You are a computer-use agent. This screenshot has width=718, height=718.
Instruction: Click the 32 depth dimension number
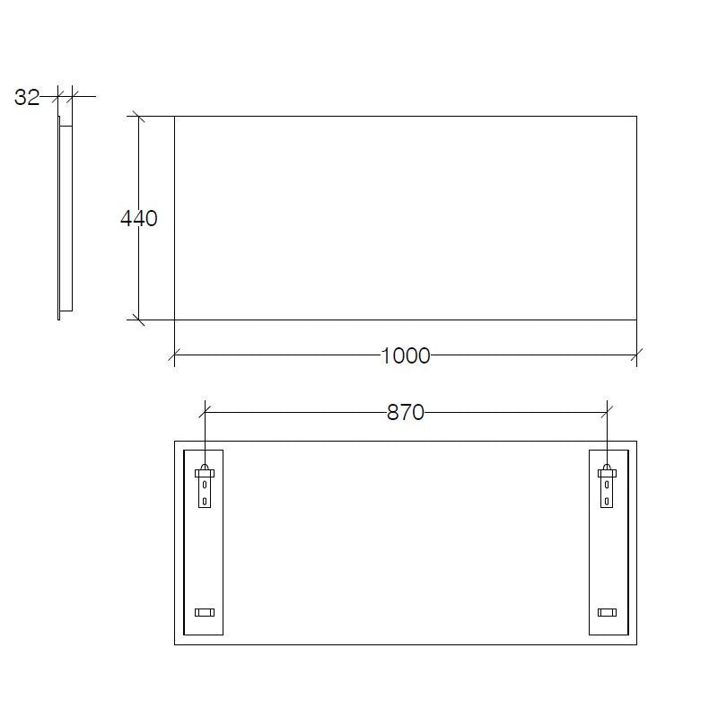(27, 98)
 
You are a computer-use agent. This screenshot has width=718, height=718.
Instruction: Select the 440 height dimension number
(139, 218)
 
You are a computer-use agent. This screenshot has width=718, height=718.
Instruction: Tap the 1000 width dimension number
(406, 356)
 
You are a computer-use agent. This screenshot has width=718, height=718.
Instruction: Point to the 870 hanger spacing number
(406, 413)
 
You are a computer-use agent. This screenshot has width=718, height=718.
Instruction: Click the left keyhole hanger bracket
(206, 486)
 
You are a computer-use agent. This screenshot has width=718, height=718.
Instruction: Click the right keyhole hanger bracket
(608, 486)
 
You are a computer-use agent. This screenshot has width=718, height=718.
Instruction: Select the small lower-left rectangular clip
(205, 612)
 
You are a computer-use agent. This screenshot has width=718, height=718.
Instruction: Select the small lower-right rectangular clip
(608, 612)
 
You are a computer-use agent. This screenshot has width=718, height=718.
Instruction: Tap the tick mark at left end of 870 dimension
(206, 412)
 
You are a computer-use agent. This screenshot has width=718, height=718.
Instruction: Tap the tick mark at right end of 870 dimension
(608, 412)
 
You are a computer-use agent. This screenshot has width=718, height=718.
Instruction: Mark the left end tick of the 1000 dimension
(174, 355)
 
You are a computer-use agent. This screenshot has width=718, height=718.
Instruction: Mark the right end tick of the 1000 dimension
(636, 355)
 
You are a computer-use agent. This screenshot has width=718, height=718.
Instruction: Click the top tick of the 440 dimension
(138, 116)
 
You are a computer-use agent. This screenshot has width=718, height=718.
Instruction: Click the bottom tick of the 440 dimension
(138, 319)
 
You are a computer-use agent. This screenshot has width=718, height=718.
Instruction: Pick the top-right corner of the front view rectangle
(636, 116)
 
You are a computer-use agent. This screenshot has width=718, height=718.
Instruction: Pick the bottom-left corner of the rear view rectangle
(174, 644)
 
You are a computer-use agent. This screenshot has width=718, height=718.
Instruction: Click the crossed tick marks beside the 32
(65, 93)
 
